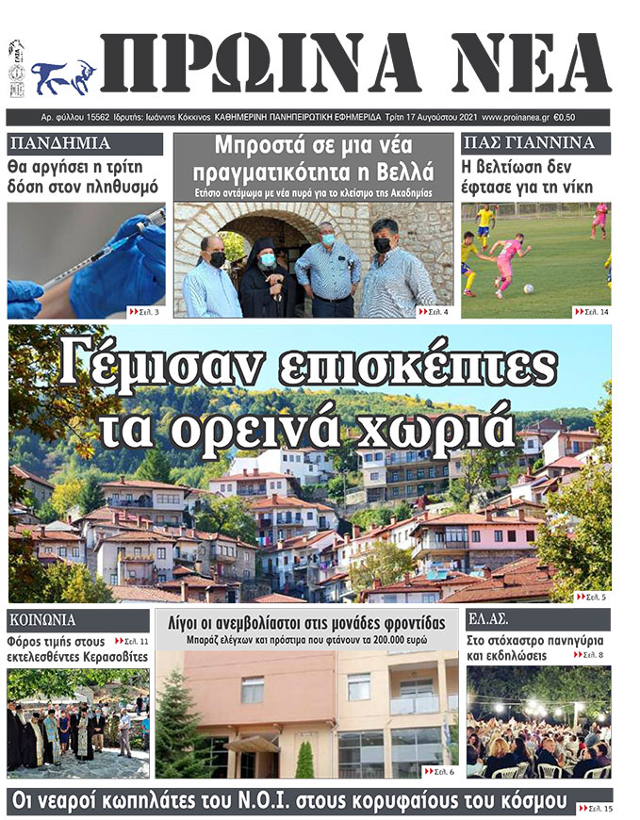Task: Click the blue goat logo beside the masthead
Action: (63, 77)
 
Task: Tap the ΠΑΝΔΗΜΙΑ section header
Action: (59, 144)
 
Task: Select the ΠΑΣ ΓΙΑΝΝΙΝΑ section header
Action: (528, 144)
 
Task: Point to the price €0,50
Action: (566, 118)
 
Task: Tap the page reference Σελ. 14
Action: (591, 310)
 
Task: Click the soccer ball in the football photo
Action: (528, 288)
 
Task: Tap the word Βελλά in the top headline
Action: (403, 172)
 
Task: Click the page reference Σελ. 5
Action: (591, 597)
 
